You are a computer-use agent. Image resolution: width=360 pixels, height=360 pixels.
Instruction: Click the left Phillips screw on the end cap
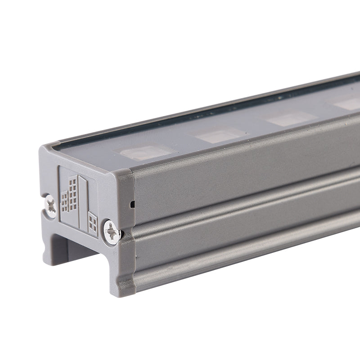[51, 206]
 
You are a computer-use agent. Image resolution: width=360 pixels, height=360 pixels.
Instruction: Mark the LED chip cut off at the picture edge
[349, 103]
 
